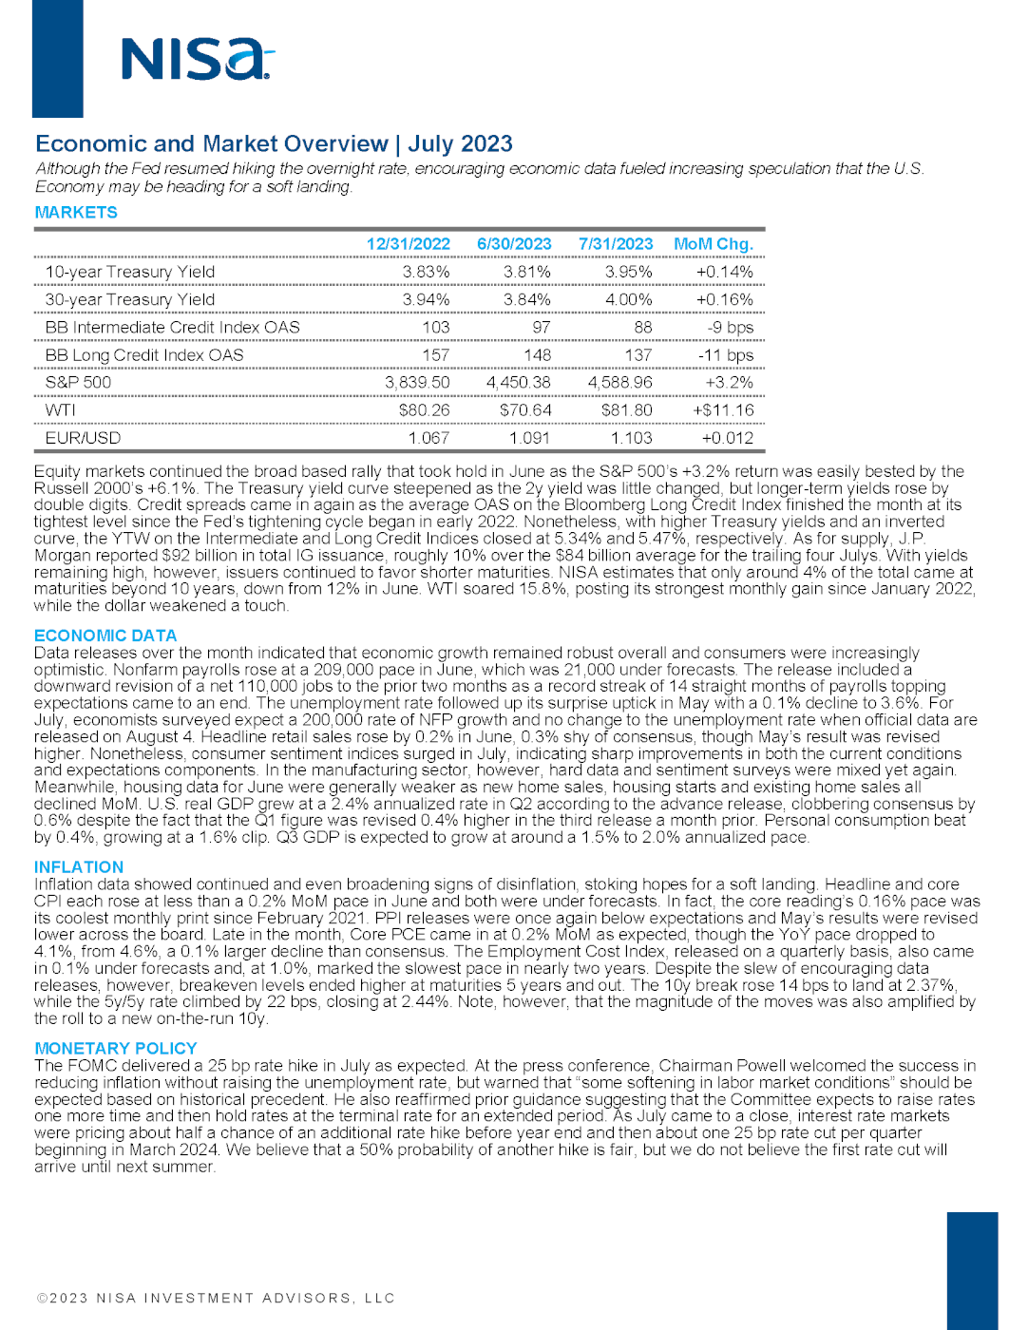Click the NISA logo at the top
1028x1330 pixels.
tap(198, 59)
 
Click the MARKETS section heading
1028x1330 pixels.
tap(76, 213)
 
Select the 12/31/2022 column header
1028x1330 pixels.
tap(409, 244)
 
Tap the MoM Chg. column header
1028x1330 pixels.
tap(714, 244)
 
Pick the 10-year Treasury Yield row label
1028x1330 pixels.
tap(130, 272)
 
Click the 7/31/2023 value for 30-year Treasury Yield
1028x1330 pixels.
tap(629, 299)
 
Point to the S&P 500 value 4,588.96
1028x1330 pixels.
tap(620, 382)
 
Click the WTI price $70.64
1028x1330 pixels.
tap(525, 409)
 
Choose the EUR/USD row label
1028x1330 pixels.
tap(84, 438)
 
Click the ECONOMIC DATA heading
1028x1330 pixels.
tap(105, 636)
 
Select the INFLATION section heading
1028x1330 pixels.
tap(79, 867)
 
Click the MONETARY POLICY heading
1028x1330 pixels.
tap(116, 1049)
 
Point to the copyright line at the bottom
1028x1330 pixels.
tap(216, 1299)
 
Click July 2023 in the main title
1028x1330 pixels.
tap(461, 144)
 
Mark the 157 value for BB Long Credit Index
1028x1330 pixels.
tap(435, 354)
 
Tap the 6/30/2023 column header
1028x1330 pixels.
tap(514, 244)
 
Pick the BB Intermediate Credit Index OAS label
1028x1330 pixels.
tap(173, 327)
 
